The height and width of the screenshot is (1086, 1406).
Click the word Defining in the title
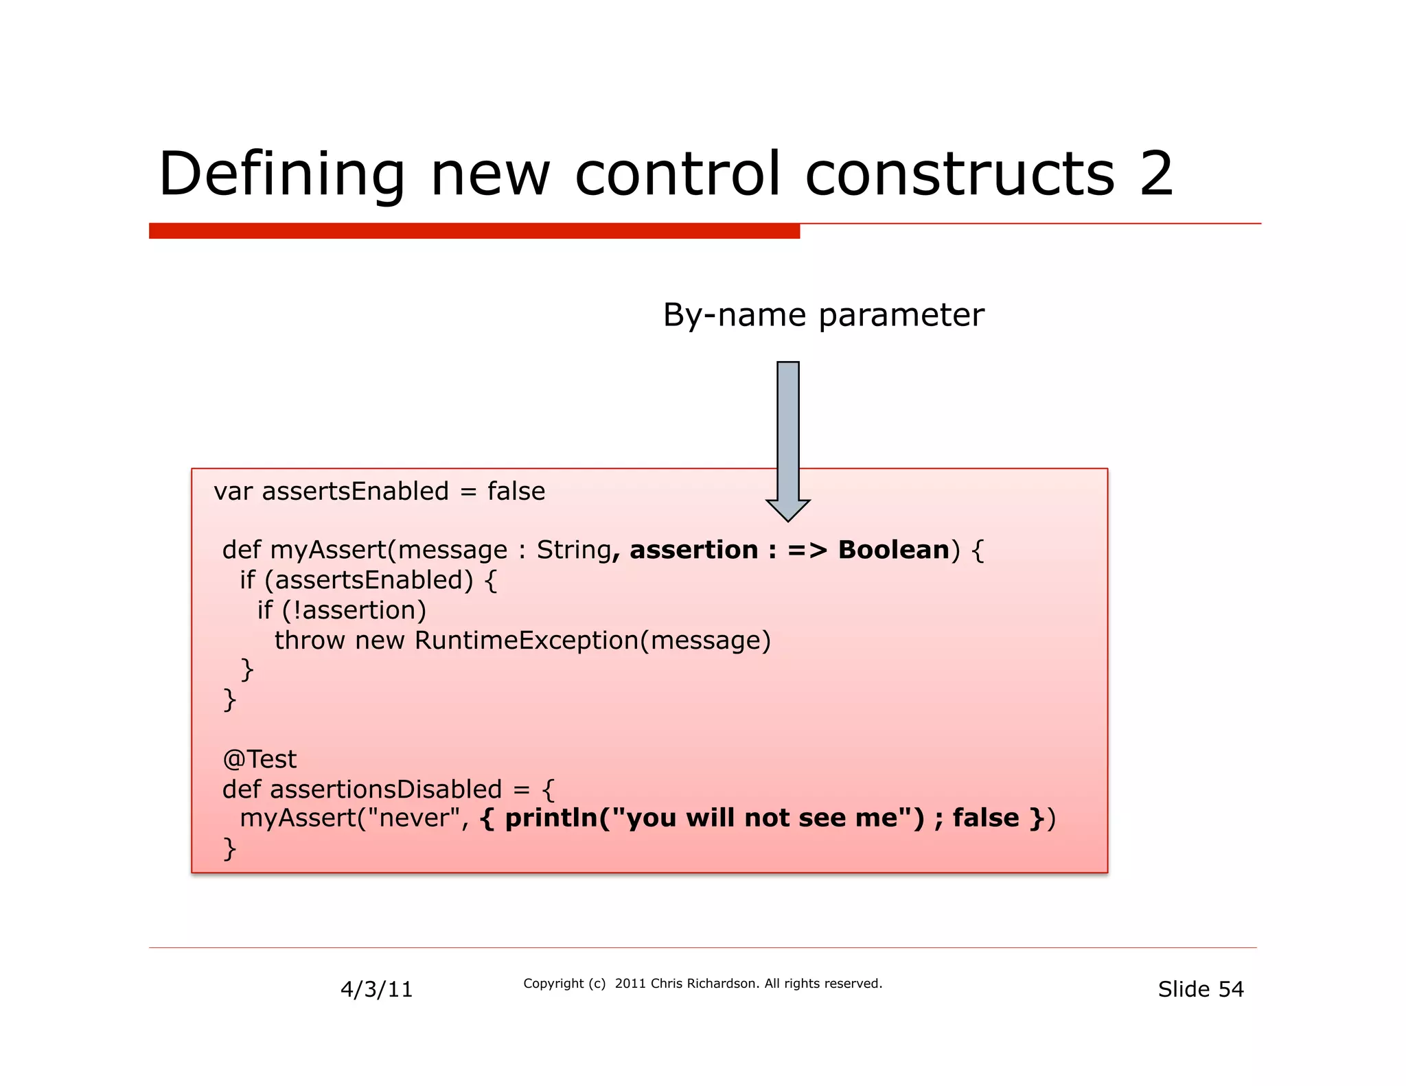(281, 175)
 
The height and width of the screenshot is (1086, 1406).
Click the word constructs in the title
(960, 174)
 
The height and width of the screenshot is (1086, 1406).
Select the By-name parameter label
(823, 316)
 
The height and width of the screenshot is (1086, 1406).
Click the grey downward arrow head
(787, 509)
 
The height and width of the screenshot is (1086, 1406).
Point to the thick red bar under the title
(474, 231)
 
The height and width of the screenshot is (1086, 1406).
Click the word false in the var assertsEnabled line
(516, 492)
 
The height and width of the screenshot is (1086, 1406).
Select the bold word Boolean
(893, 550)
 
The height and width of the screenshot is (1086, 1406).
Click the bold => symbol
(807, 550)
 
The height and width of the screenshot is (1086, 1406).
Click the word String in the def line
(573, 550)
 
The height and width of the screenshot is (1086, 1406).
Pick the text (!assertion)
(354, 610)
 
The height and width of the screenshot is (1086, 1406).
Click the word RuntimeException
(527, 640)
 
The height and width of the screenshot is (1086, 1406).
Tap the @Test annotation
(260, 759)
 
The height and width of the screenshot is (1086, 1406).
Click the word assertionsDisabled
(386, 789)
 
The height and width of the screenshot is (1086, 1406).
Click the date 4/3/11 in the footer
(376, 989)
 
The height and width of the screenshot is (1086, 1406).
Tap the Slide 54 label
(1200, 989)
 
